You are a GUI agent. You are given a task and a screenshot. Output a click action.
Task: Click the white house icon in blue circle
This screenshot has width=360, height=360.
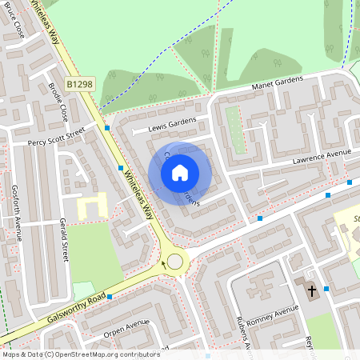tap(180, 172)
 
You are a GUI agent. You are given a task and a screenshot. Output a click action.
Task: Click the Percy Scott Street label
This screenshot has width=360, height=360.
tap(56, 138)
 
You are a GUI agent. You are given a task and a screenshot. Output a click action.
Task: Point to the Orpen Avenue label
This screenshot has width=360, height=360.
tap(126, 326)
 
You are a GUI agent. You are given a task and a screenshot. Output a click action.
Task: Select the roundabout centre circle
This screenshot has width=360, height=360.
tap(174, 262)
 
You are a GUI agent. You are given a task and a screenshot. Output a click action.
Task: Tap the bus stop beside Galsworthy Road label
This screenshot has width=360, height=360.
tap(110, 297)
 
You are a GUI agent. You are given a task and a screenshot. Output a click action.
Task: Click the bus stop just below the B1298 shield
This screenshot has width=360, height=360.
tap(107, 127)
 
